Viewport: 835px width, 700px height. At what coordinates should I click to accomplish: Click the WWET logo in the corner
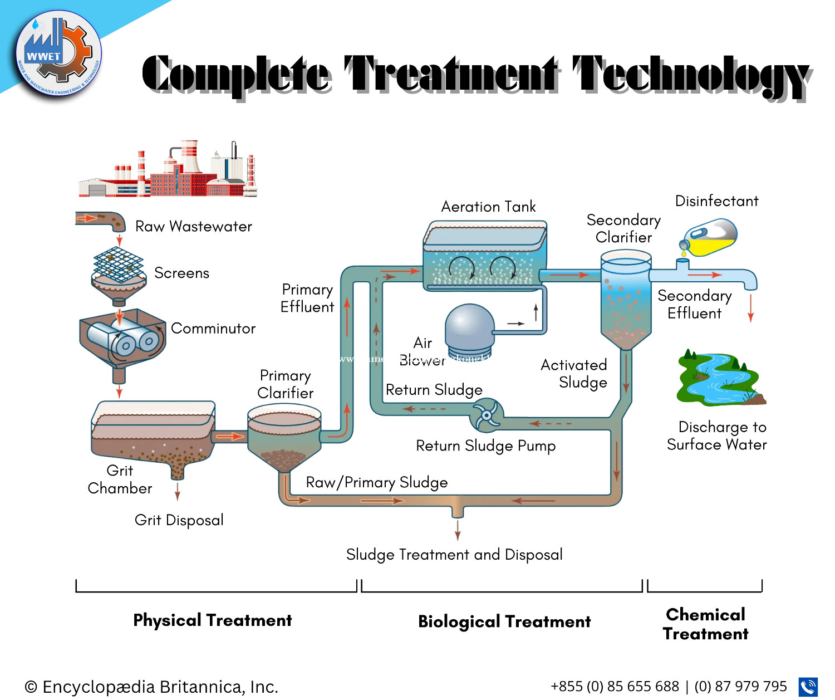coord(58,56)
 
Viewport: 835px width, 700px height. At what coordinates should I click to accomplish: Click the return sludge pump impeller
coord(487,415)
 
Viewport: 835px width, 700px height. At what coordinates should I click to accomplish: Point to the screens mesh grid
coord(118,264)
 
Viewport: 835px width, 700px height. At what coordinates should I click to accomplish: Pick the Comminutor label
coord(213,329)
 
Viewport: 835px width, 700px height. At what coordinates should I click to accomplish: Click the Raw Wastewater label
coord(194,227)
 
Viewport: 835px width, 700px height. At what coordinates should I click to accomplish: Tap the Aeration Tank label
coord(488,207)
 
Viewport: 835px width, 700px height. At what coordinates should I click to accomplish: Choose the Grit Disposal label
coord(179,520)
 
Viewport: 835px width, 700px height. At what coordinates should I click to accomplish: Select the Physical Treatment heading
coord(213,620)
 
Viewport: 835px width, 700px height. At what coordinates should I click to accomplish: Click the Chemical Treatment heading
coord(705,624)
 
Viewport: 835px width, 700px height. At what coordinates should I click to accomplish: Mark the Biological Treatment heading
coord(504,621)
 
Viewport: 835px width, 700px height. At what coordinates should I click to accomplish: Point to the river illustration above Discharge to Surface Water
coord(720,379)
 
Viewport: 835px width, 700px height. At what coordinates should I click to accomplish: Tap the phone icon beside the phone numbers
coord(808,687)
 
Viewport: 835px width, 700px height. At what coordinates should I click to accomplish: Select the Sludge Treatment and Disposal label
coord(454,555)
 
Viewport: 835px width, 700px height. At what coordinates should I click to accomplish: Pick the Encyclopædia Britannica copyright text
coord(151,687)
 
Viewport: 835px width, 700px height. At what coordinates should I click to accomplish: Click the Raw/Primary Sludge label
coord(377,482)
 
